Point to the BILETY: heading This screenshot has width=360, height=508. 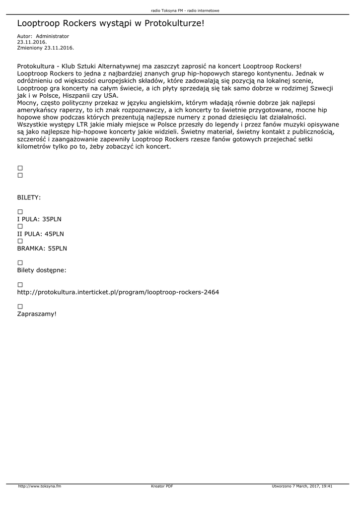pyautogui.click(x=29, y=197)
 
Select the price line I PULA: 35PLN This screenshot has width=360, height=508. pyautogui.click(x=39, y=219)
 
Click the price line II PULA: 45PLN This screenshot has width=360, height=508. pyautogui.click(x=40, y=234)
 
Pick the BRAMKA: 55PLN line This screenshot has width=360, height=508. pyautogui.click(x=42, y=248)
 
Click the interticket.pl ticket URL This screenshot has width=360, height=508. pyautogui.click(x=118, y=292)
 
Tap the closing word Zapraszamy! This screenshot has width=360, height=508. pyautogui.click(x=37, y=314)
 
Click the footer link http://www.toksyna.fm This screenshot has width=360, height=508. pyautogui.click(x=40, y=486)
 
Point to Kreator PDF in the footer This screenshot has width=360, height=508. pyautogui.click(x=162, y=486)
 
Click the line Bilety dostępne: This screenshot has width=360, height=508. pyautogui.click(x=42, y=270)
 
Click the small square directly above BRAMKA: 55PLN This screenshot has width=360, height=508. pyautogui.click(x=20, y=241)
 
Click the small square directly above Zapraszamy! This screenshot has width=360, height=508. pyautogui.click(x=20, y=307)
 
